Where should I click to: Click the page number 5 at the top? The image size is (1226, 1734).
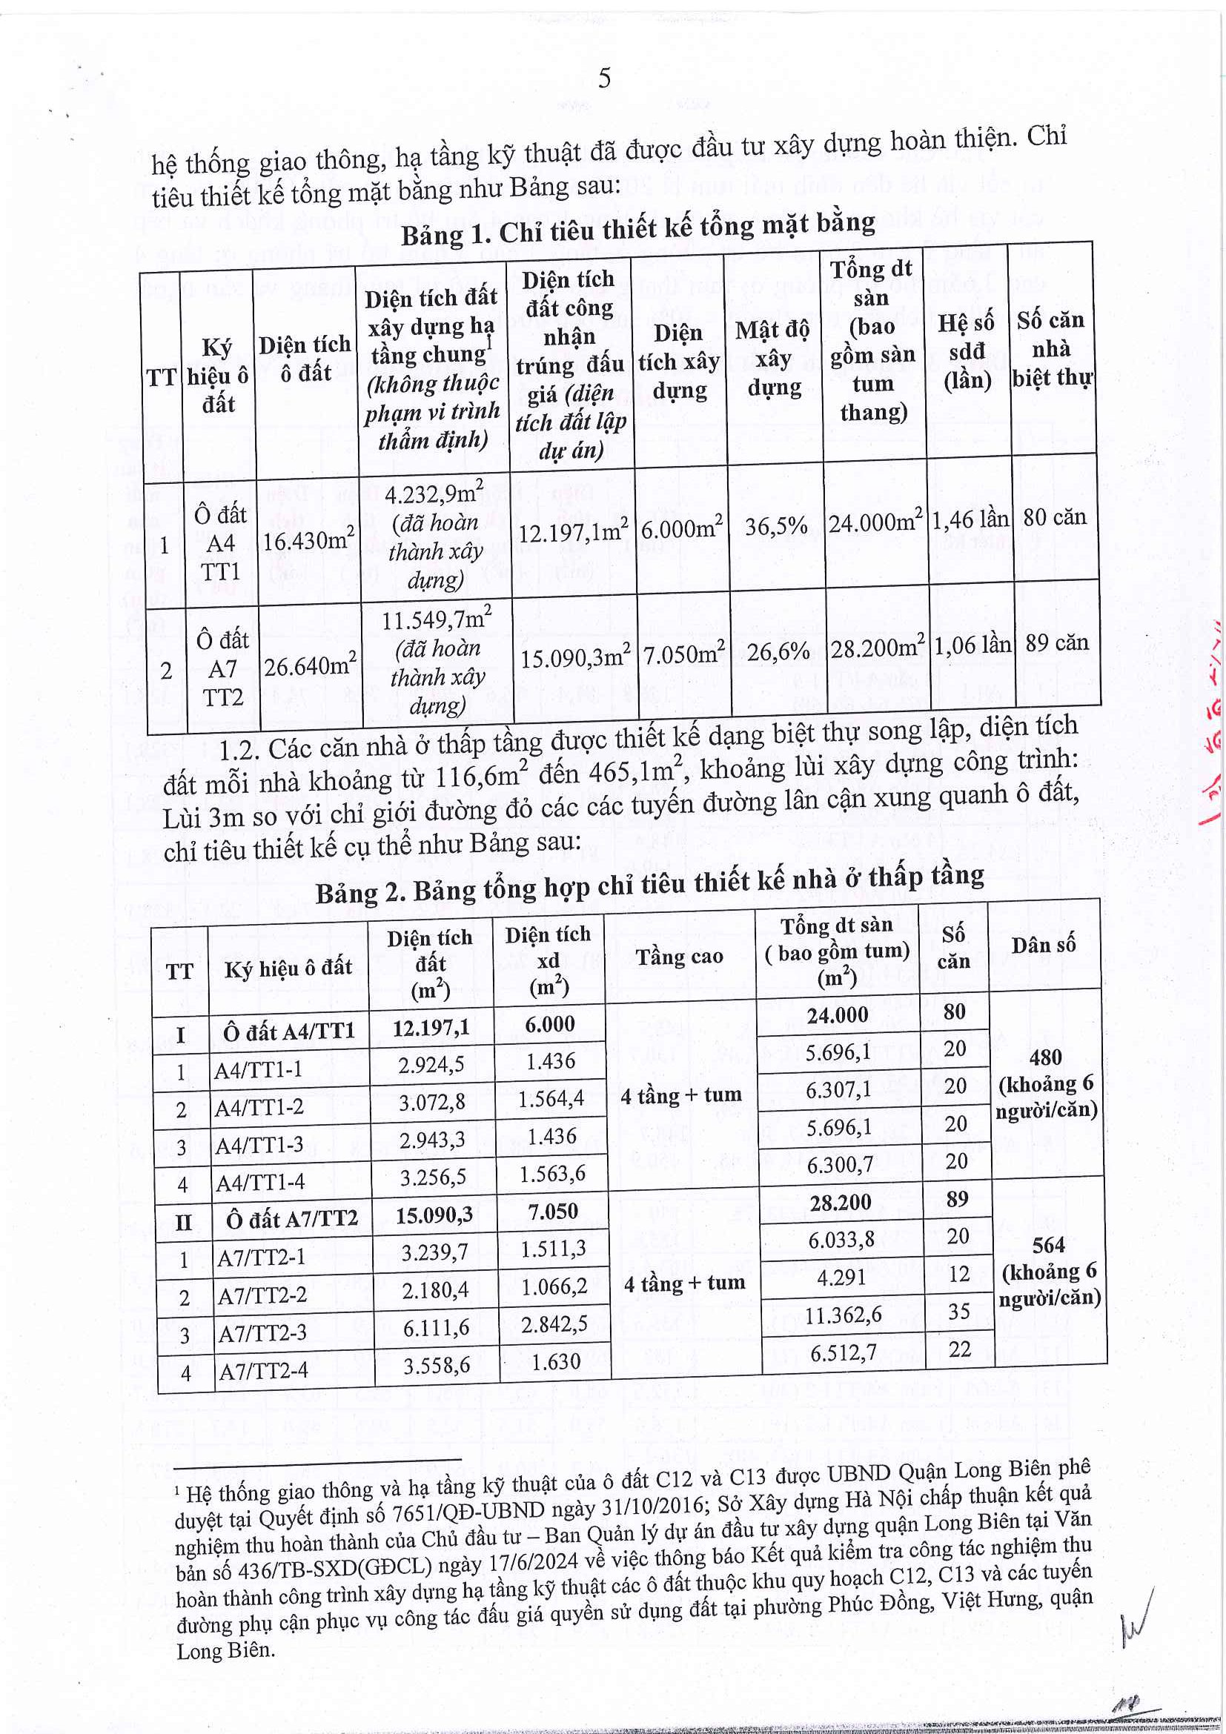point(604,79)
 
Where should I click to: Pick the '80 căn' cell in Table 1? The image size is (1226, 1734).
point(1055,518)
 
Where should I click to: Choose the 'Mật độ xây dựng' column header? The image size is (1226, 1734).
point(773,359)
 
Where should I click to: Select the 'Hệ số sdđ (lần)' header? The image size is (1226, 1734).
point(967,351)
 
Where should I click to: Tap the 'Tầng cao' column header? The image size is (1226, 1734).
point(679,957)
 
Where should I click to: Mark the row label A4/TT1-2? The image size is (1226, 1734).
point(259,1108)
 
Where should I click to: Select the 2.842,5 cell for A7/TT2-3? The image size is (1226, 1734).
point(554,1324)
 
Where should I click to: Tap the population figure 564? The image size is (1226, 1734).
point(1049,1246)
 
